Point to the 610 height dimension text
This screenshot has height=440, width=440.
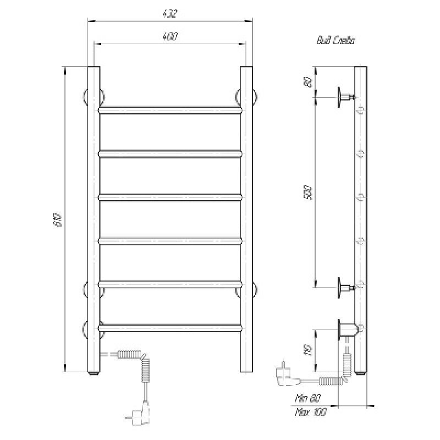[x=57, y=220]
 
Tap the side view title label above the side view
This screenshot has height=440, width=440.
[x=335, y=40]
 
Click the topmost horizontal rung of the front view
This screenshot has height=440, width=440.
[x=170, y=110]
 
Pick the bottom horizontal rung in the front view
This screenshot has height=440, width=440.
[x=170, y=328]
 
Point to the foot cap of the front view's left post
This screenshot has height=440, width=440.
[x=94, y=373]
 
